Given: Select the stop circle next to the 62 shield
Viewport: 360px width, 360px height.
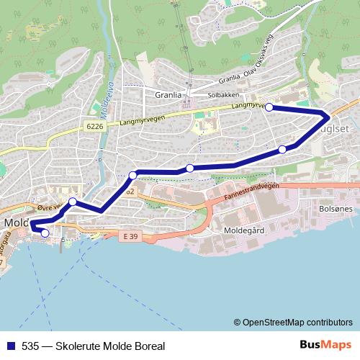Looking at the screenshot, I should (x=132, y=175).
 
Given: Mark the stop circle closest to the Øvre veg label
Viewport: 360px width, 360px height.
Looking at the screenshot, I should (x=73, y=202).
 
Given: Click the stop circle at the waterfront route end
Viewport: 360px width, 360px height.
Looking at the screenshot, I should (x=45, y=233).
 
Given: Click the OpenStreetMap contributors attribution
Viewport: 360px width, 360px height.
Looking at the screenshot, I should (x=296, y=323).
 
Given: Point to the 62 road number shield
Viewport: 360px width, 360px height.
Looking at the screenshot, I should (x=130, y=192).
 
